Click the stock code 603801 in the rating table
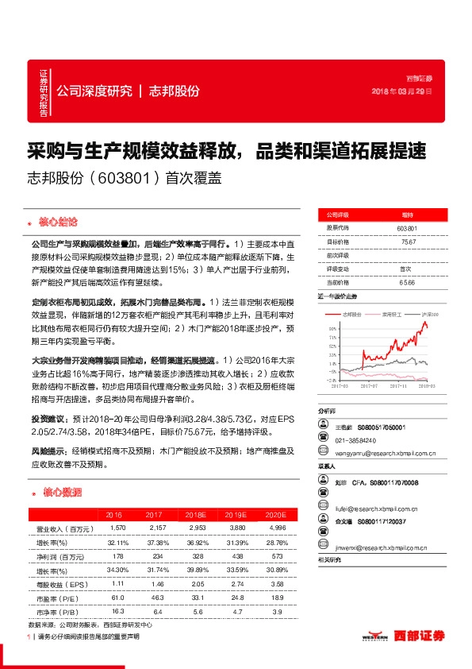pos(407,228)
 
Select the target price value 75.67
pos(408,242)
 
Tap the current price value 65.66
pos(408,282)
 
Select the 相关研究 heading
pos(329,561)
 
